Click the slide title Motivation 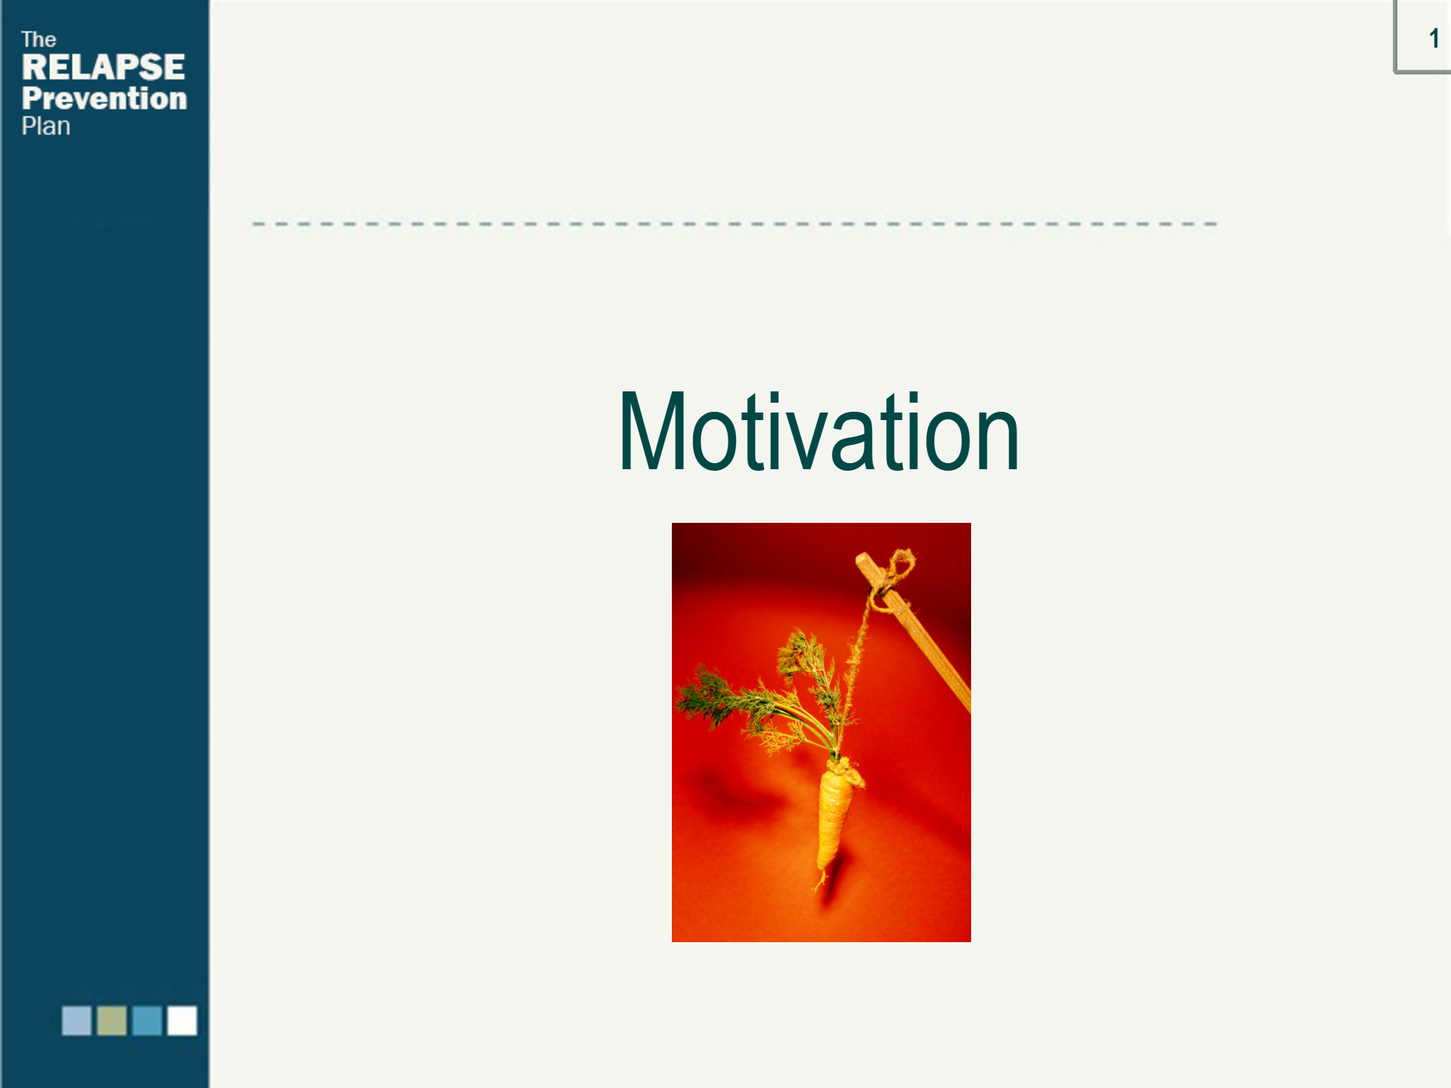[819, 432]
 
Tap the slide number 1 [1434, 38]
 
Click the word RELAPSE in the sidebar [103, 67]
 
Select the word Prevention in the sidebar [104, 98]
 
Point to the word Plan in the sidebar [46, 126]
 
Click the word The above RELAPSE [39, 39]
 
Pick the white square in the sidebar [182, 1020]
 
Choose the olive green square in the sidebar [112, 1020]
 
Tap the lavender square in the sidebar [76, 1020]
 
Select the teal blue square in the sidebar [147, 1020]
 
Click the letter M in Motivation [652, 432]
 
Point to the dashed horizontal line [735, 224]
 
